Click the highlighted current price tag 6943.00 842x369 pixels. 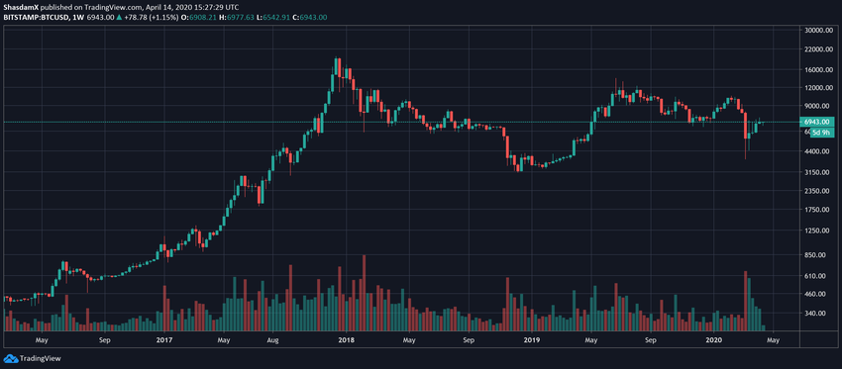(818, 122)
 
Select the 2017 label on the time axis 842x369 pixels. (165, 339)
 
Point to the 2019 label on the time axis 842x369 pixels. (531, 339)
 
